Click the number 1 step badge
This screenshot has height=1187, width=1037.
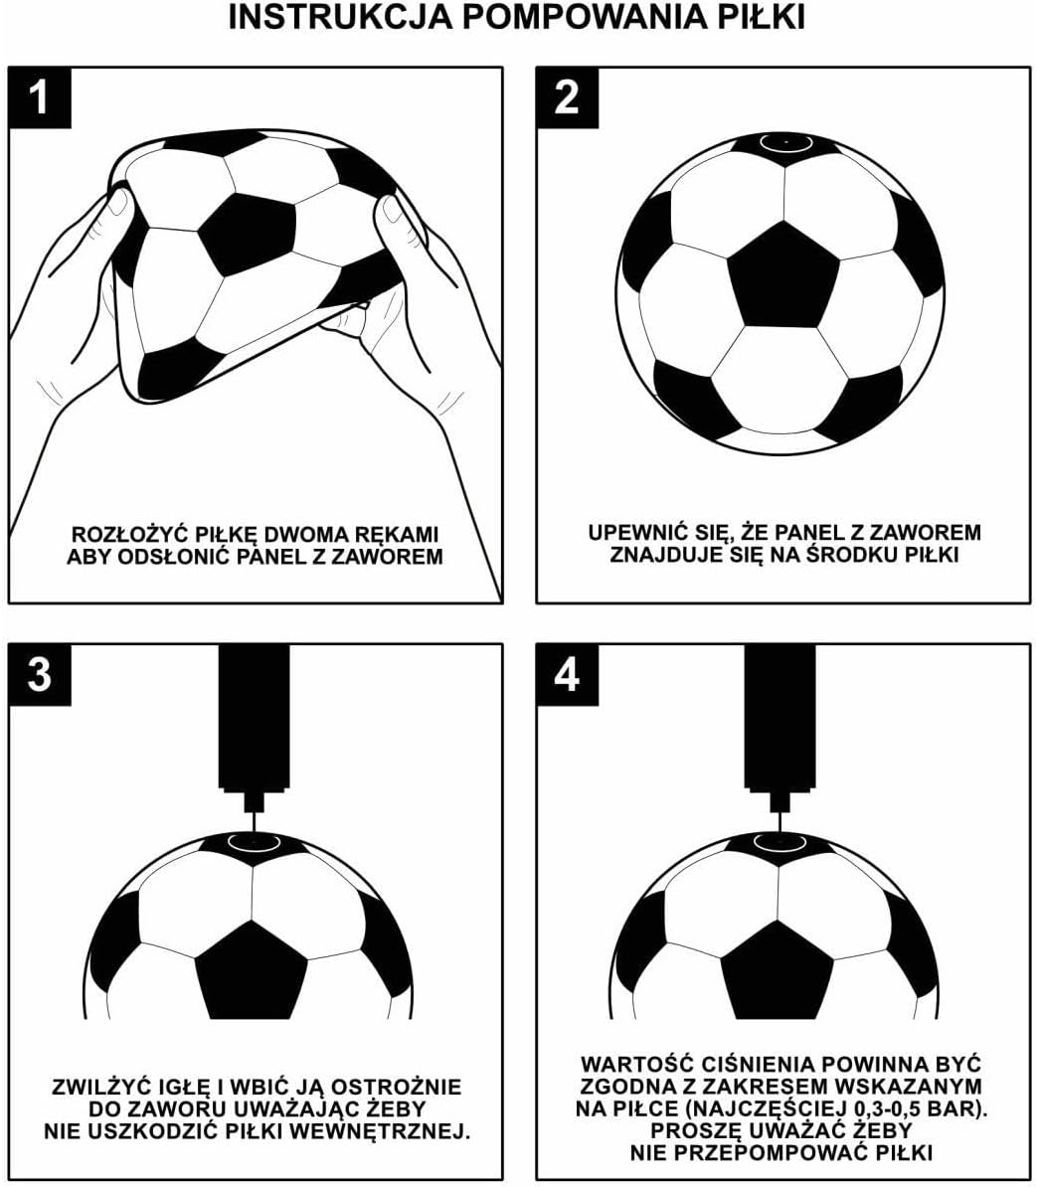pos(39,96)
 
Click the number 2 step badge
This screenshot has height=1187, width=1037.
pos(567,96)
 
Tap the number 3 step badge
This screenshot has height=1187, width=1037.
pos(39,674)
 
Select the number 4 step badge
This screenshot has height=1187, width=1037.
pos(567,674)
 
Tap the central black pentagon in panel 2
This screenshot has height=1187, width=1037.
pos(783,277)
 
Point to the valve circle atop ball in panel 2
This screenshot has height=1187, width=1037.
pos(785,142)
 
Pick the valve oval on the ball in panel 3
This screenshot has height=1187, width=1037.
pos(255,842)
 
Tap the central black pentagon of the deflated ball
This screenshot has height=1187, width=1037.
pos(248,236)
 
